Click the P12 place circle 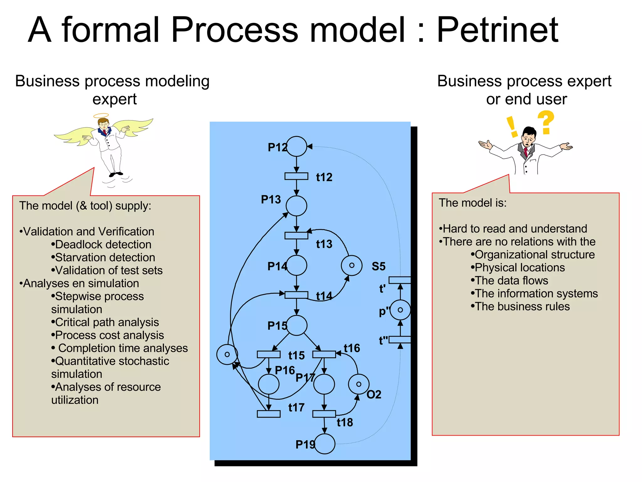296,146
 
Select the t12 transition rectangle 296,176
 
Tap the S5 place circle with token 351,265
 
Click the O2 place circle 359,384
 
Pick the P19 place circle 324,444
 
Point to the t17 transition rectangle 269,414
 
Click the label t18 345,422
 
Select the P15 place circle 297,325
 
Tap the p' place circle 400,310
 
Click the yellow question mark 546,122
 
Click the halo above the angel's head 101,115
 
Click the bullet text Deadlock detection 103,244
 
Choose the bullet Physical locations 519,267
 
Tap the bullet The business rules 522,306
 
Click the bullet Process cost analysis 109,335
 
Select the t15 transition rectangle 269,354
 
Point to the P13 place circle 296,206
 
